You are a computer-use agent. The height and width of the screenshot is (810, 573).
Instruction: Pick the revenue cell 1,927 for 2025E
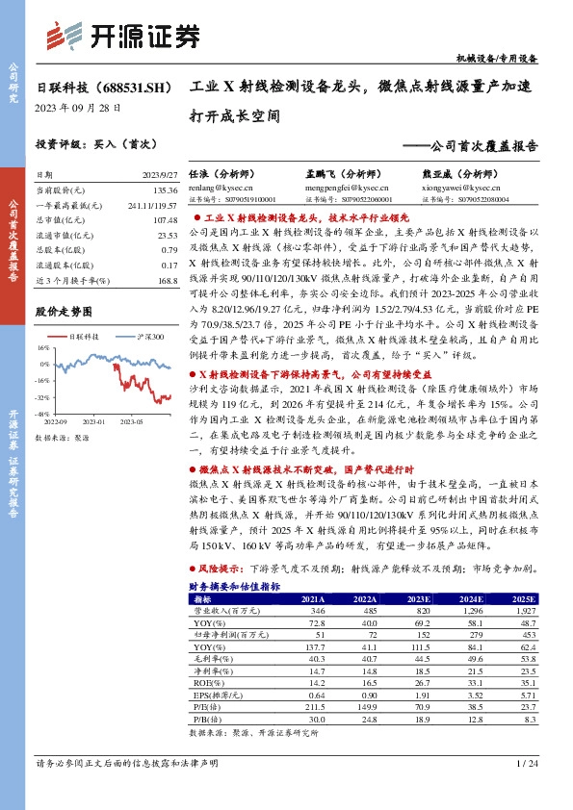(521, 610)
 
